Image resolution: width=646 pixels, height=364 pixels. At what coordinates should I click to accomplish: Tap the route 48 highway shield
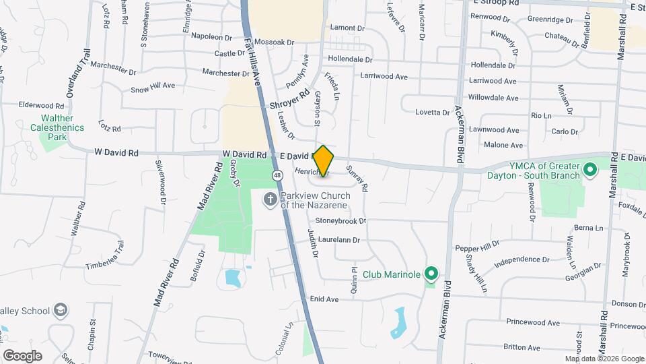pos(277,175)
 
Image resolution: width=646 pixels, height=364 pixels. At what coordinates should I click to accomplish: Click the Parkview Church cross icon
pos(269,198)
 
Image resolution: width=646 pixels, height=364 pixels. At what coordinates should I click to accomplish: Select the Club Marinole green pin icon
pos(431,274)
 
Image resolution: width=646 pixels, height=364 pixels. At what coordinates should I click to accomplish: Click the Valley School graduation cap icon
pos(61,310)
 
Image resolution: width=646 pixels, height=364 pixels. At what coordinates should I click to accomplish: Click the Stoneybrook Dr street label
pos(340,220)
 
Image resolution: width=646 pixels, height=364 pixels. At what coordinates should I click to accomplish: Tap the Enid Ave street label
pos(324,299)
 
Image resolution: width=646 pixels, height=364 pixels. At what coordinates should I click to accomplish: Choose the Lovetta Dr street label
pos(432,112)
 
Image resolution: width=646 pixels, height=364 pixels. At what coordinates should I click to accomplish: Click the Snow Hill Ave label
pos(153,87)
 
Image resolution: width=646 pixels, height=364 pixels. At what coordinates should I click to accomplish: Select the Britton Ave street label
pos(522,348)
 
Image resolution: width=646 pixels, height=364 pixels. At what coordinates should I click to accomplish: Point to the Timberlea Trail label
pos(105,255)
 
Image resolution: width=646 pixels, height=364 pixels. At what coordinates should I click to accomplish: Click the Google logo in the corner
pos(22,355)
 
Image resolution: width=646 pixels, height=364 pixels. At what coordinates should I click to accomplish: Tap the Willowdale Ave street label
pos(493,98)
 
